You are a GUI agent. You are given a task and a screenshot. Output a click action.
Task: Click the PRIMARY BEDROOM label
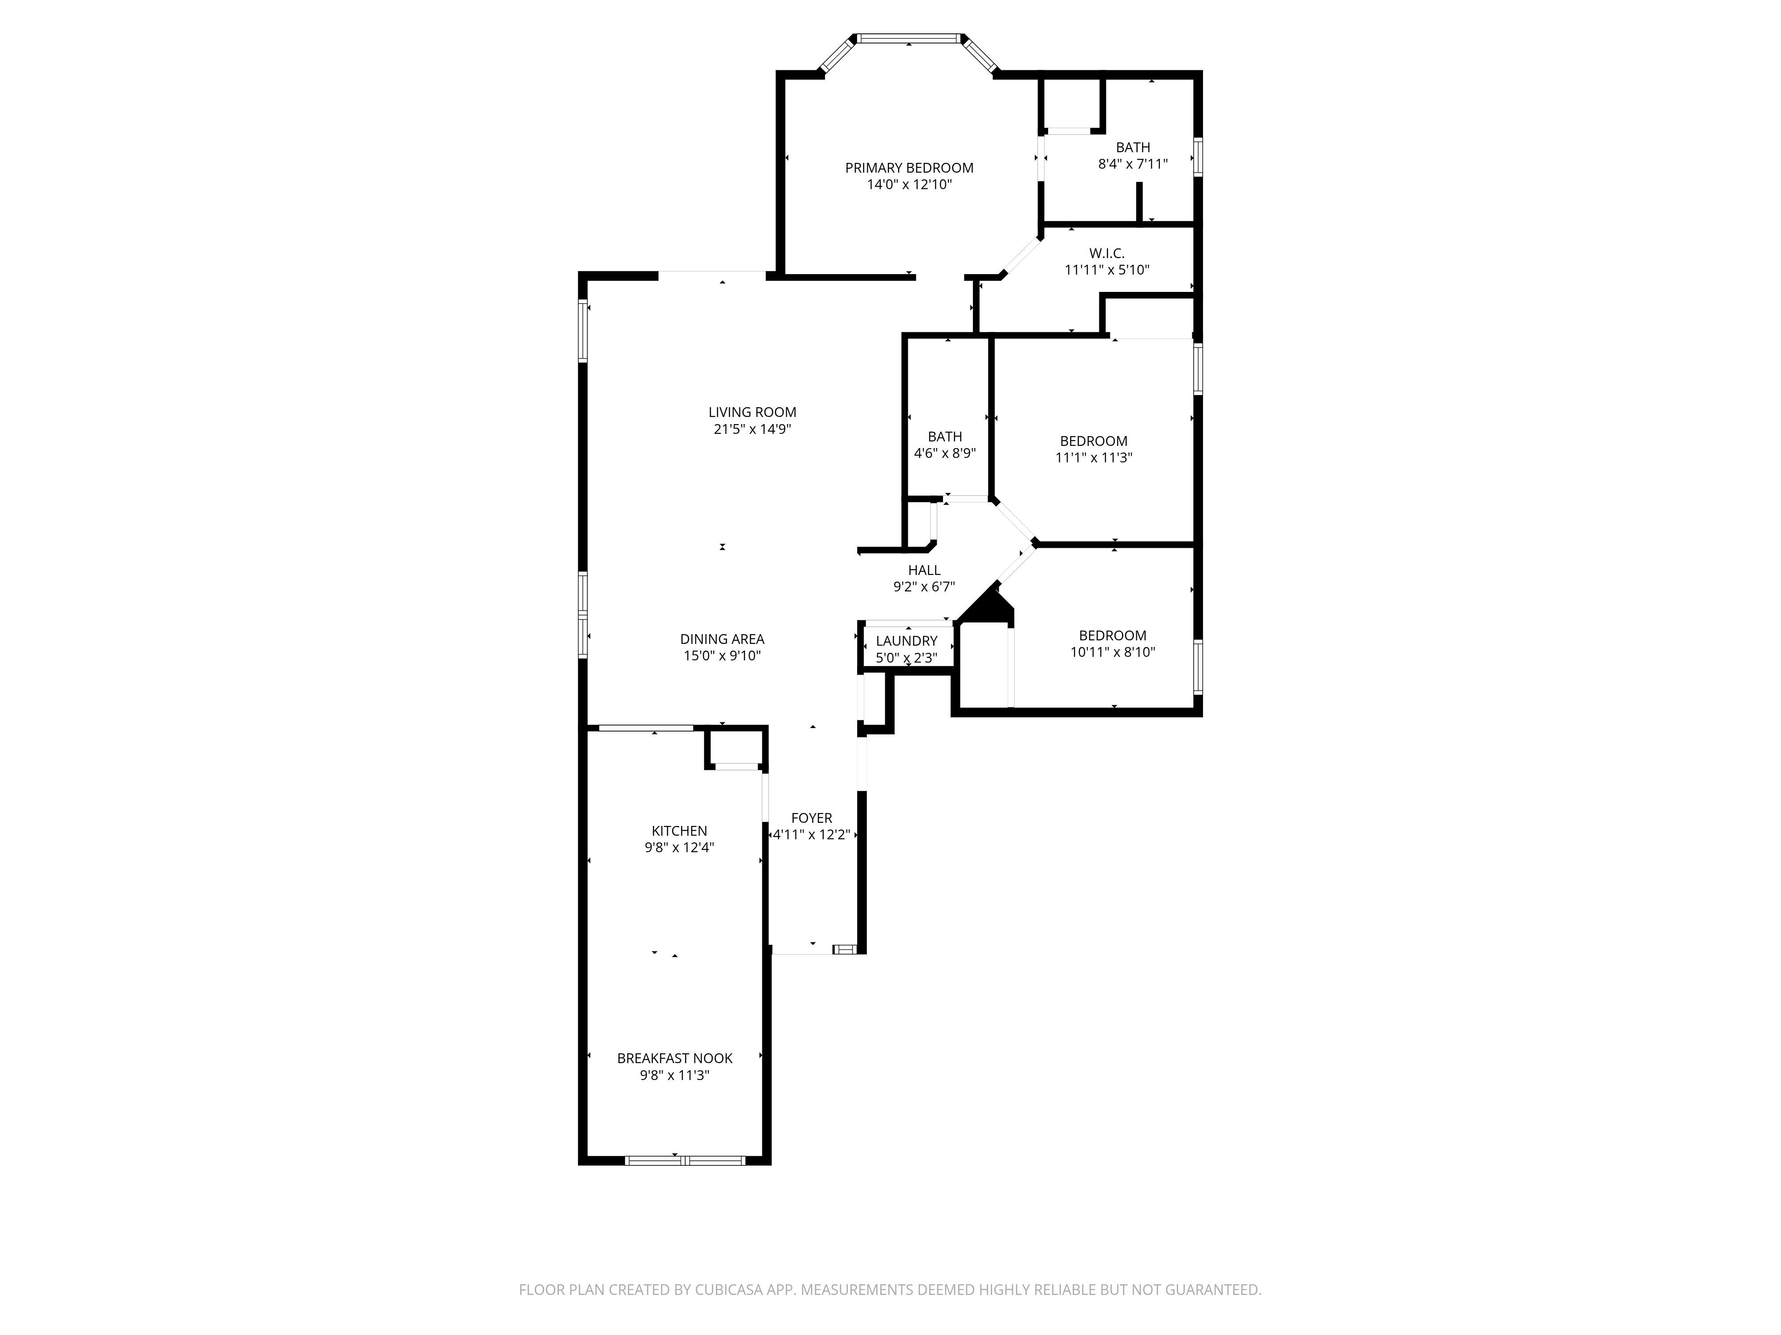(x=909, y=167)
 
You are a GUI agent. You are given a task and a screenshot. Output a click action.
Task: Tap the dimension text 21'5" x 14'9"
(x=752, y=429)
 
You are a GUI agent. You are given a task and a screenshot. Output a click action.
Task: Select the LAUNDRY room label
(x=907, y=640)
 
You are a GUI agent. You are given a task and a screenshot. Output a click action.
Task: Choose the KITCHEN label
(x=679, y=830)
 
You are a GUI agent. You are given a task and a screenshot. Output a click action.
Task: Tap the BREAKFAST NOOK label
(x=675, y=1058)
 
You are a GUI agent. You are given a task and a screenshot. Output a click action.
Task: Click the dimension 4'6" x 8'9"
(x=944, y=453)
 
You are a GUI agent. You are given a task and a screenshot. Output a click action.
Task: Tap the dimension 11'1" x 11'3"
(x=1094, y=457)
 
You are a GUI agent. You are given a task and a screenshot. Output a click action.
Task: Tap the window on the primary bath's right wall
(x=1197, y=157)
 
